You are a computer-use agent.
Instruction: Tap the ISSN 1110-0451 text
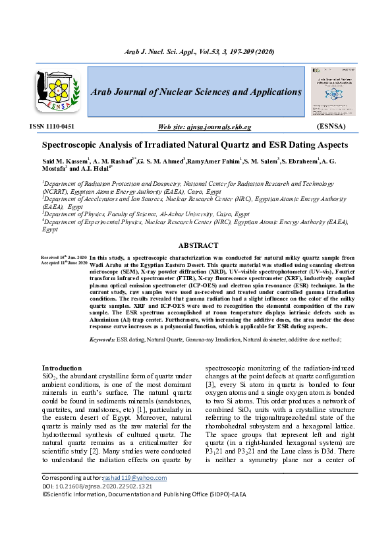(52, 125)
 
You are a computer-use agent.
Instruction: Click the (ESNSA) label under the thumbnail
(336, 125)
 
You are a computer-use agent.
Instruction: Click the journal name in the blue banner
(196, 92)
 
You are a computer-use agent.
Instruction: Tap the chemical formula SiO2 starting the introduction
(49, 376)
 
